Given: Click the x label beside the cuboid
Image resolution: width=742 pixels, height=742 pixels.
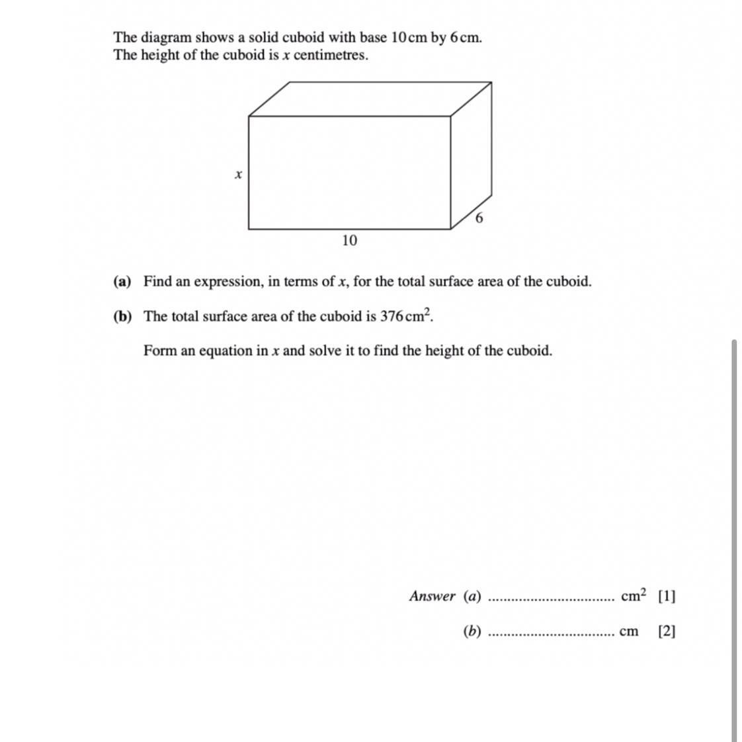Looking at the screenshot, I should (x=238, y=175).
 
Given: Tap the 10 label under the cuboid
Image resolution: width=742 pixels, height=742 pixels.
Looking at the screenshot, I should (x=349, y=241).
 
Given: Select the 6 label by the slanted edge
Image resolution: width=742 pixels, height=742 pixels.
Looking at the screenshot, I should (x=479, y=218).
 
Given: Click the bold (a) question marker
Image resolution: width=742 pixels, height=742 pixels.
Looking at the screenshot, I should (x=122, y=282).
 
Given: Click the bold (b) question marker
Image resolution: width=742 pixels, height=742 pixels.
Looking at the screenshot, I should (x=122, y=317).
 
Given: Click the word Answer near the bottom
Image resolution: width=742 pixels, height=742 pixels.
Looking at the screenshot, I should (x=433, y=597).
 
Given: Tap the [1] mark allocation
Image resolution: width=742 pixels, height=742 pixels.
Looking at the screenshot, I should (x=667, y=597).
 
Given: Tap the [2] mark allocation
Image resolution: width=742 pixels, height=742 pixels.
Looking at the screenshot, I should (x=667, y=632).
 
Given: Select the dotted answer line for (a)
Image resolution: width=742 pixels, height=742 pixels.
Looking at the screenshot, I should (x=550, y=600).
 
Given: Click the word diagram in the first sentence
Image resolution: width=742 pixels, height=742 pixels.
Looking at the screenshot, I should (x=165, y=38).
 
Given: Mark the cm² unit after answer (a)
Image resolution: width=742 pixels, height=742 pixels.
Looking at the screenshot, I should (x=634, y=595).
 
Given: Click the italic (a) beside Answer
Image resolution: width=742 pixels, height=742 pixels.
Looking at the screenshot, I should (x=472, y=597).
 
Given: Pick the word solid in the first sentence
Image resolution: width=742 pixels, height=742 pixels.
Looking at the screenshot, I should (x=263, y=38).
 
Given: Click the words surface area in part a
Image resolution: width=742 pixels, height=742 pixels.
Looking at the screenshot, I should (x=466, y=282).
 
